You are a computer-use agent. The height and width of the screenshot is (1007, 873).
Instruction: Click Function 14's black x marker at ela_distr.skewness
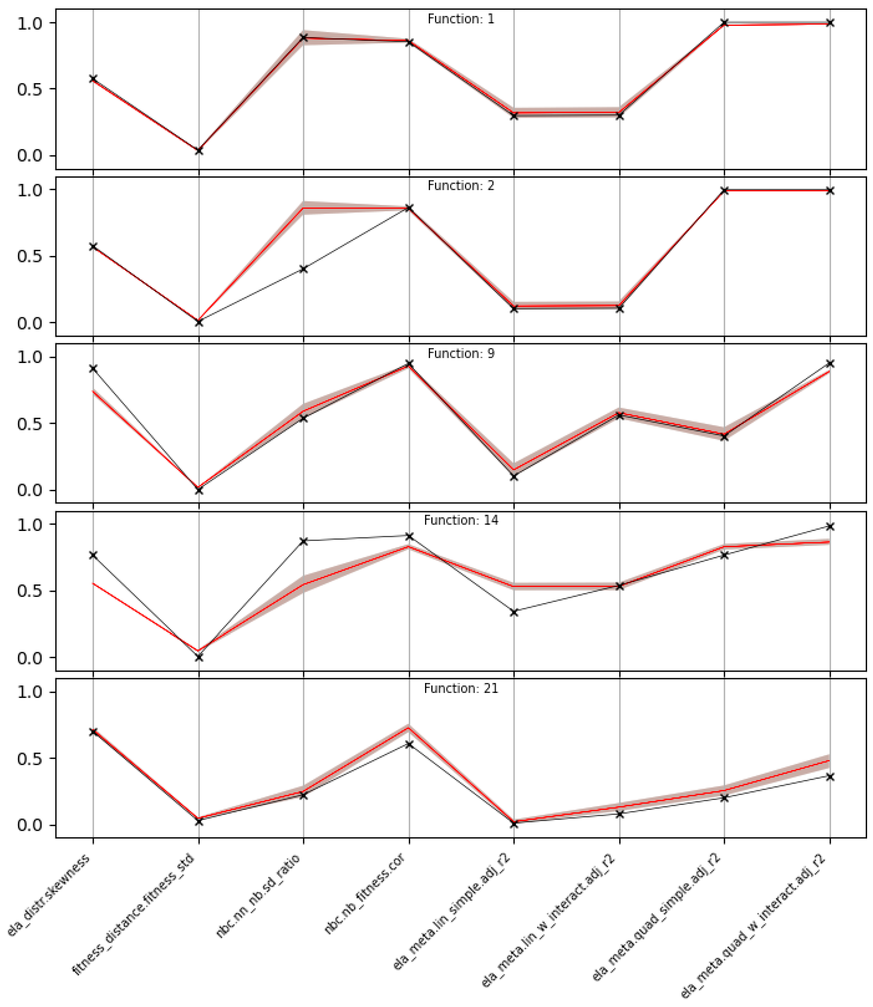coord(93,555)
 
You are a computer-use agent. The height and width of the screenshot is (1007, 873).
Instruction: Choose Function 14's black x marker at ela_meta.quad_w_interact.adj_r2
coord(830,526)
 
